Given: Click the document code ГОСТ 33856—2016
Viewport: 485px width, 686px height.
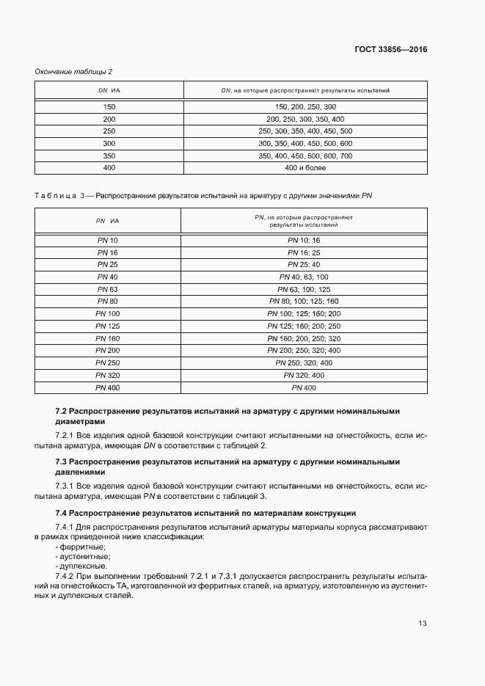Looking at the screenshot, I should (390, 50).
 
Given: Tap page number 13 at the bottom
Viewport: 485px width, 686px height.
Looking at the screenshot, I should (422, 624).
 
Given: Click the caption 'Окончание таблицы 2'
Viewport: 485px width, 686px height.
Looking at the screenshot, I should (73, 71).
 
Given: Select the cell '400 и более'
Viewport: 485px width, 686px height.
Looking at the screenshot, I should (305, 168).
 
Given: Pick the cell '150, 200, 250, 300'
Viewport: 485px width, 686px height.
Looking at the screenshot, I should (305, 106).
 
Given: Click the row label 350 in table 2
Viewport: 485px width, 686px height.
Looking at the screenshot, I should (109, 156).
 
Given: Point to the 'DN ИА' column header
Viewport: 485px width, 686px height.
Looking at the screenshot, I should (109, 90).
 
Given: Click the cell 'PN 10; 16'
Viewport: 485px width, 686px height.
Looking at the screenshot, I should (305, 240).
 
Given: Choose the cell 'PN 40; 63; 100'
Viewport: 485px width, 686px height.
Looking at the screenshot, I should (305, 277).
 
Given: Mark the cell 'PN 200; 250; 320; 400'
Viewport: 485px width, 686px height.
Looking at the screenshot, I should (305, 351).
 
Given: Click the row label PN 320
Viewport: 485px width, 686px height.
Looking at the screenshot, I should (107, 375).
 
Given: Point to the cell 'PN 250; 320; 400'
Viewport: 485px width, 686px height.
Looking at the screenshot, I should (305, 363).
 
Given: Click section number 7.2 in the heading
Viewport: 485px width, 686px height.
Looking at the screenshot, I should (62, 412).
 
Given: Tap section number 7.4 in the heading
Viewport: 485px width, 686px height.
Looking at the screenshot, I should (62, 511).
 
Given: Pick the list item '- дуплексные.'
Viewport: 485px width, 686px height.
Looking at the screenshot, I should (81, 566).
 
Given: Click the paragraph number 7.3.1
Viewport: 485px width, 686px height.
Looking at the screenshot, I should (66, 486).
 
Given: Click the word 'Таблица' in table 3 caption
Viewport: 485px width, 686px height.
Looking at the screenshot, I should (55, 196).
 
